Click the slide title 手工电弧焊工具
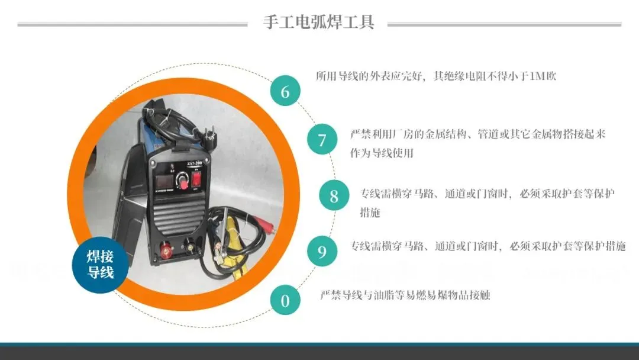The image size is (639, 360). [x=318, y=21]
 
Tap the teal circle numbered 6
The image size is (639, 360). [x=285, y=91]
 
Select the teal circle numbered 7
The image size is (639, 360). [x=322, y=139]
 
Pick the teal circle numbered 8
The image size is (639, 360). [x=334, y=195]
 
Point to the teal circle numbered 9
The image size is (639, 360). [x=322, y=251]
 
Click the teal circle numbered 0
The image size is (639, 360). [x=285, y=300]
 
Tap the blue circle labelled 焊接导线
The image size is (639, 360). [x=100, y=265]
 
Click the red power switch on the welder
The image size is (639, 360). [x=197, y=179]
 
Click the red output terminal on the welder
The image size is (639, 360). [x=166, y=248]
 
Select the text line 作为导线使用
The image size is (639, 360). [x=382, y=153]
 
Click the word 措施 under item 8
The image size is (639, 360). [x=370, y=212]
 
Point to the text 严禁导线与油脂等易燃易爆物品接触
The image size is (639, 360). [x=405, y=295]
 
